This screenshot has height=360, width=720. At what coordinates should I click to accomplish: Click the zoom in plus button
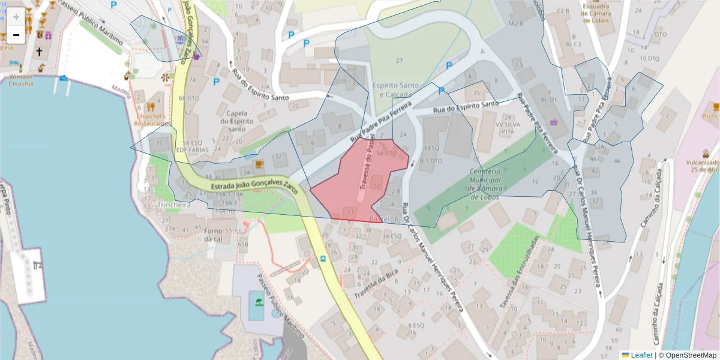tap(16, 17)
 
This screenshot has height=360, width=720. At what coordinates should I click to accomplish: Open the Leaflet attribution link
tap(641, 355)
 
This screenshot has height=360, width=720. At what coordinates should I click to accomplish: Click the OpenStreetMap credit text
tap(691, 355)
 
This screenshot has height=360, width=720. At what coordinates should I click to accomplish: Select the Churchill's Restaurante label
tap(150, 119)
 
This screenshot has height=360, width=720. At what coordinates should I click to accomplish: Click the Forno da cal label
tap(213, 235)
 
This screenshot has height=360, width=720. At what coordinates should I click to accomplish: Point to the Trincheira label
tap(174, 205)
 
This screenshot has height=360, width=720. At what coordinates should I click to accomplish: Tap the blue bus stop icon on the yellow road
tap(323, 259)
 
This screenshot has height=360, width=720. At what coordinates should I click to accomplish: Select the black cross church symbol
tap(40, 52)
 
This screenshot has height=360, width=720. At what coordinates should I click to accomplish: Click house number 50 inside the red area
tap(377, 186)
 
